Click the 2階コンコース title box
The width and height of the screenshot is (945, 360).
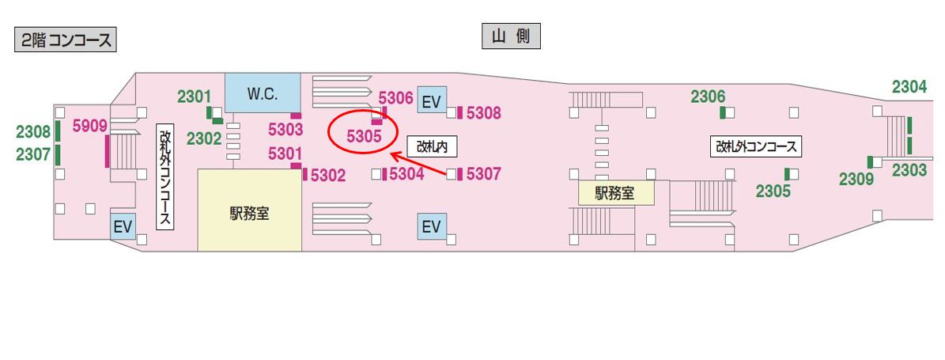tap(66, 40)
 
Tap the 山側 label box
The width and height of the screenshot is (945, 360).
tap(511, 36)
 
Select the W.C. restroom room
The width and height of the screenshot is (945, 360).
tap(263, 93)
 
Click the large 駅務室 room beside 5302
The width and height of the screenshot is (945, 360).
tap(249, 212)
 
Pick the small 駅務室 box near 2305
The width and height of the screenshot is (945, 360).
tap(615, 191)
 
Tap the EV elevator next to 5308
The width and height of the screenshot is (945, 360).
tap(431, 101)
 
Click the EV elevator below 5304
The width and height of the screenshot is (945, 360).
tap(431, 228)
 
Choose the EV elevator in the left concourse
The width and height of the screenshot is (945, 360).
tap(123, 227)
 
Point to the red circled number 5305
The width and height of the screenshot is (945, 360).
tap(365, 136)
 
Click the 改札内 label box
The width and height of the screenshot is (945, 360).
tap(433, 146)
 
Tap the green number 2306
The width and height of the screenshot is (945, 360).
tap(708, 97)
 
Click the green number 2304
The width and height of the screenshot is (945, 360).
tap(909, 88)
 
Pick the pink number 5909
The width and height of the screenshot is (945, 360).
tap(89, 125)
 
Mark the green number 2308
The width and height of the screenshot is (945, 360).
tap(33, 131)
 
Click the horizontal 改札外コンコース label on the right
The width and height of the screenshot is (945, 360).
tap(758, 146)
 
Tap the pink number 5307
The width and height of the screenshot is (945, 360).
tap(483, 173)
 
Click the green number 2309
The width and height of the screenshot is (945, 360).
tap(856, 179)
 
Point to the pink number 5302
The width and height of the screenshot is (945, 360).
tap(328, 176)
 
